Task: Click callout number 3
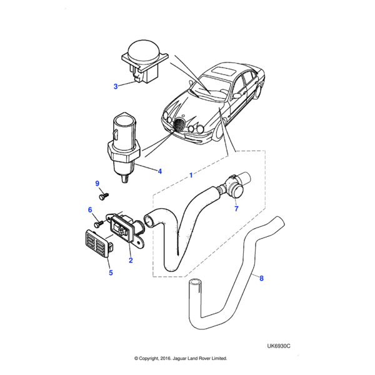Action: point(115,87)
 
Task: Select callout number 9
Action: point(97,183)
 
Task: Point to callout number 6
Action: point(90,210)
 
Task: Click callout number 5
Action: point(111,272)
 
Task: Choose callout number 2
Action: point(131,260)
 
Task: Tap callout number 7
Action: point(236,209)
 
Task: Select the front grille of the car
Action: point(179,127)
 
